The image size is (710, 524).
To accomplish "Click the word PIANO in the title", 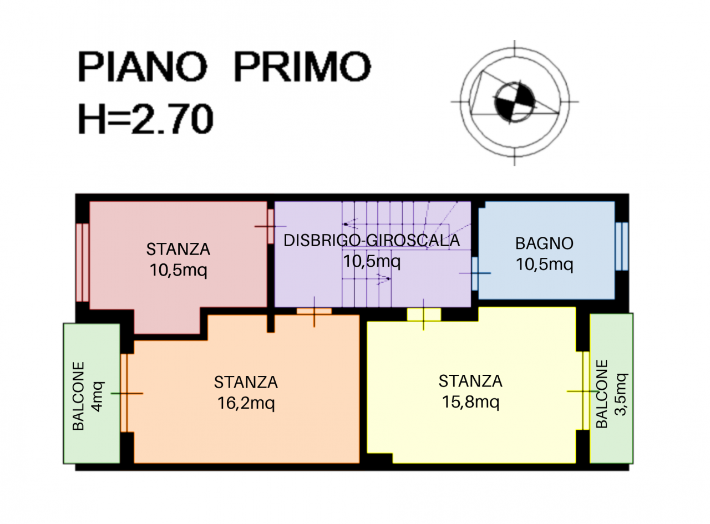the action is click(143, 67).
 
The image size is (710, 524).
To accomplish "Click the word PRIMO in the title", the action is click(302, 67).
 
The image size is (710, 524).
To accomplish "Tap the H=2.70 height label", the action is click(146, 119).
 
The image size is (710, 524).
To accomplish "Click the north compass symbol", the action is click(515, 102).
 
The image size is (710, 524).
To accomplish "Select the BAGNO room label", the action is click(544, 243).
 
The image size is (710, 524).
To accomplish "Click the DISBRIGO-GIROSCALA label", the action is click(372, 241).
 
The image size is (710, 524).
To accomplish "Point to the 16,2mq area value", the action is click(246, 403).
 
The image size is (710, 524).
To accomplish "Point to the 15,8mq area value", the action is click(470, 401).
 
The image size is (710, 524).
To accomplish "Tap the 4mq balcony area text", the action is click(98, 396).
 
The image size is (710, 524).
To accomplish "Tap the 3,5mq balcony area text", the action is click(621, 394).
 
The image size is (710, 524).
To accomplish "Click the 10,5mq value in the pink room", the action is click(178, 270).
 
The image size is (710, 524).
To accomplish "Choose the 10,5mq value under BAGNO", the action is click(544, 264).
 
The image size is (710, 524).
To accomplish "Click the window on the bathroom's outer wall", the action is click(622, 247).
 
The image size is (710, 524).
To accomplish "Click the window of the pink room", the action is click(82, 262).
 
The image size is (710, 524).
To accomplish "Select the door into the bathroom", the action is click(475, 274).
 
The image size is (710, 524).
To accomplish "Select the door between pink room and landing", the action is click(271, 227).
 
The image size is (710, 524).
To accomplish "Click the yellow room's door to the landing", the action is click(424, 314).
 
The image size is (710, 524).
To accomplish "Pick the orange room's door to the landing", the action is click(314, 312).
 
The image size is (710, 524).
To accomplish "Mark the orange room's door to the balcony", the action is click(124, 393).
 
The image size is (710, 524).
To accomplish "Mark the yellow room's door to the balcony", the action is click(586, 391).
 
